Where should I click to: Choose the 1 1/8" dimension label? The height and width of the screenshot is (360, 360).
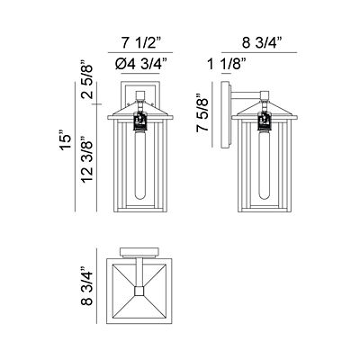[222, 64]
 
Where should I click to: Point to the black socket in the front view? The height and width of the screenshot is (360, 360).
[139, 119]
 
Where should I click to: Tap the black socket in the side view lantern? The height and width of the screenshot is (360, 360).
[265, 119]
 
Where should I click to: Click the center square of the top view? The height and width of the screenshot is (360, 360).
[139, 291]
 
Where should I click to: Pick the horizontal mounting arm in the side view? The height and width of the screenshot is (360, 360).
[247, 93]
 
